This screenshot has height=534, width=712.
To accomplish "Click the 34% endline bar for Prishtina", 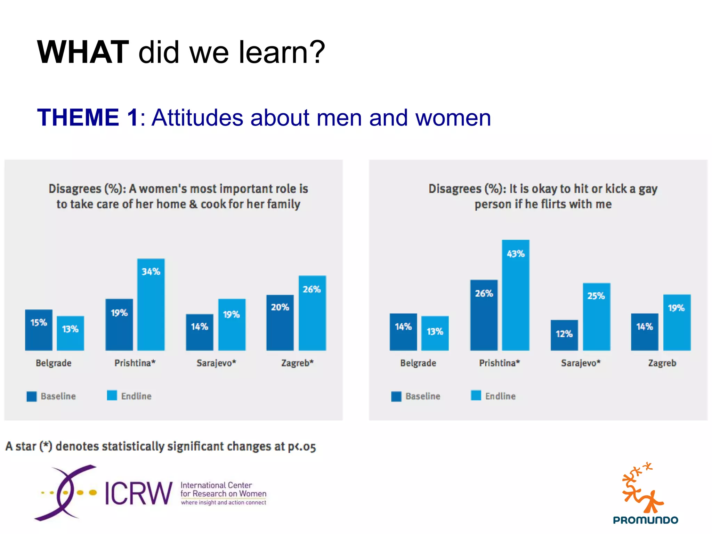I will pos(151,305).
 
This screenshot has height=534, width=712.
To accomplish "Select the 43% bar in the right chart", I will pos(516,295).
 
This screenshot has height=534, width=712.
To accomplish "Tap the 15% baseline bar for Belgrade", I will pos(39,330).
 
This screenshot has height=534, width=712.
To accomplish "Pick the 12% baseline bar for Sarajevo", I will pos(564,335).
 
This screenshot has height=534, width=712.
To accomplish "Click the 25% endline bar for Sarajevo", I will pos(596,317).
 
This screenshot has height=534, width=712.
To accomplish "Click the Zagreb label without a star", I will pos(662,363).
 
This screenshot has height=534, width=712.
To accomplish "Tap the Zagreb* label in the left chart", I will pos(297,363).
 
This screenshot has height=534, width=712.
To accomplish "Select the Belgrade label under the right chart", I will pos(418,363).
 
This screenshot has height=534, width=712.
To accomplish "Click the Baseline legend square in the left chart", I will pos(32,396).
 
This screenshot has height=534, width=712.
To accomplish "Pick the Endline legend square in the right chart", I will pos(476,396).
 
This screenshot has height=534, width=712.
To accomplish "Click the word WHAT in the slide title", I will pos(83,52).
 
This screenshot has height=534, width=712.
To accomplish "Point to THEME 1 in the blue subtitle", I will pos(88,118).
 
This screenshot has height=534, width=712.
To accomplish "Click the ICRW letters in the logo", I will pos(138,493).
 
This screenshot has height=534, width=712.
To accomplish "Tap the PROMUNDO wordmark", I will pos(646,520).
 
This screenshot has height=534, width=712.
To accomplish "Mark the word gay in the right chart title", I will pos(648,189).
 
